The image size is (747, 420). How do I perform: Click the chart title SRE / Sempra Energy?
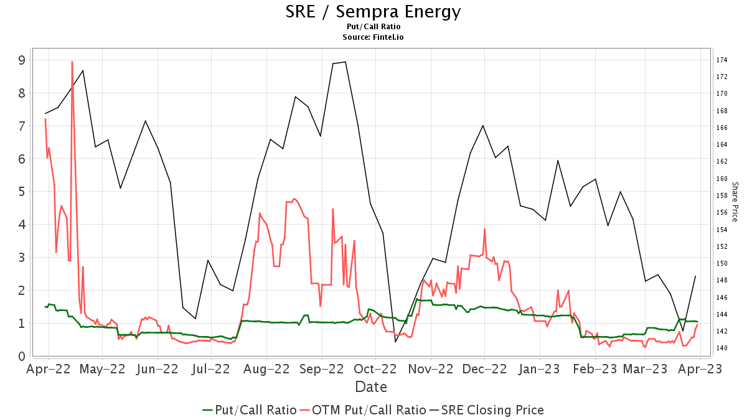coord(373,11)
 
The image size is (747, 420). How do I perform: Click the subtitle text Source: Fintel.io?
coord(373,37)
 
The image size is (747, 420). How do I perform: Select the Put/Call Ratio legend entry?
coord(249,410)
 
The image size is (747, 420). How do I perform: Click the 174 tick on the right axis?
coord(722,60)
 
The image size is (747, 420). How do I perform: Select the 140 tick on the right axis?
coord(722,348)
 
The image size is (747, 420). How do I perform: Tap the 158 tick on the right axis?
coord(722,195)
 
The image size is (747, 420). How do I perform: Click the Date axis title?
coord(371,387)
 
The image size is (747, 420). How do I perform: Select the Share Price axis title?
coord(735,202)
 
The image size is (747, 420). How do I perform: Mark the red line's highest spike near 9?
coord(72,62)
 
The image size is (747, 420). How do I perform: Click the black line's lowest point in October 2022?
coord(395,342)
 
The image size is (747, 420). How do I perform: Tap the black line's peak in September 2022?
coord(345,62)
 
